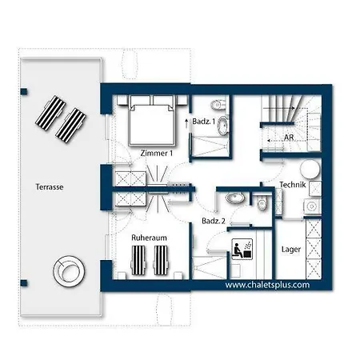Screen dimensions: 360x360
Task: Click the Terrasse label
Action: pyautogui.click(x=50, y=187)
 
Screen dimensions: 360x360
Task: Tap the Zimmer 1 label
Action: pyautogui.click(x=157, y=153)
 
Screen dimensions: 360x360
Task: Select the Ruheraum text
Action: pyautogui.click(x=149, y=238)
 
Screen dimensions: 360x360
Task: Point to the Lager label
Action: pyautogui.click(x=291, y=250)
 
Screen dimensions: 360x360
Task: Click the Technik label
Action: pyautogui.click(x=293, y=185)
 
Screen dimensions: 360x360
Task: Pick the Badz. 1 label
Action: pyautogui.click(x=203, y=122)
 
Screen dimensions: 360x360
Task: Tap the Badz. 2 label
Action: pyautogui.click(x=214, y=221)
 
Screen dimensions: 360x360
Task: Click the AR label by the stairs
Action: pyautogui.click(x=289, y=138)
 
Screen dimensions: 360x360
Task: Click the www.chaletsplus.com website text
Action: pyautogui.click(x=267, y=285)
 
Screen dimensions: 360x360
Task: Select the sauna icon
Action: pyautogui.click(x=242, y=249)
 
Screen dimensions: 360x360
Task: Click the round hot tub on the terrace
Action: pyautogui.click(x=69, y=271)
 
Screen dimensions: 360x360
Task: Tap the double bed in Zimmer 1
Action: pyautogui.click(x=152, y=121)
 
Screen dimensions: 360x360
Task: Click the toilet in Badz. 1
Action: pyautogui.click(x=218, y=105)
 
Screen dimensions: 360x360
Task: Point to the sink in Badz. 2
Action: pyautogui.click(x=234, y=198)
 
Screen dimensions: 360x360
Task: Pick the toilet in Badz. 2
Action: pyautogui.click(x=262, y=204)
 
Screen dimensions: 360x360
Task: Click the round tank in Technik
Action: pyautogui.click(x=310, y=169)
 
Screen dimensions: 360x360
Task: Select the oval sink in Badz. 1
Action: pyautogui.click(x=222, y=126)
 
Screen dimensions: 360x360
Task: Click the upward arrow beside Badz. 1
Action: pyautogui.click(x=186, y=123)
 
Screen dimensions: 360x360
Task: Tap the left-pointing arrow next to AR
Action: pyautogui.click(x=274, y=140)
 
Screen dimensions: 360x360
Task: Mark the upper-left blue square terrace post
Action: pyautogui.click(x=24, y=92)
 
